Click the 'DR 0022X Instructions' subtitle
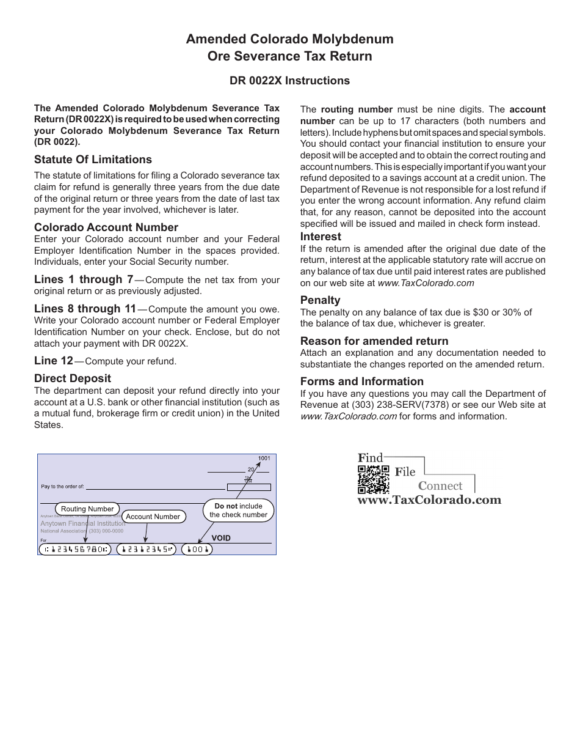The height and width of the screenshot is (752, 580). [x=289, y=81]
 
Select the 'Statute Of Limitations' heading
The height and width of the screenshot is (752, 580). [x=93, y=160]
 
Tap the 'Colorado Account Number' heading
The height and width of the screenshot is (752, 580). [x=106, y=227]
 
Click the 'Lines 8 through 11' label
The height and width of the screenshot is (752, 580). [x=85, y=309]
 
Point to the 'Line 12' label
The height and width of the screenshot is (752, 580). [x=54, y=361]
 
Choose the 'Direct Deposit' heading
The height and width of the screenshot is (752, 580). [x=73, y=378]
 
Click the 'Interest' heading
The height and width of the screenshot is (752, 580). [x=321, y=237]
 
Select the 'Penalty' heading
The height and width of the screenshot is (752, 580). [x=320, y=300]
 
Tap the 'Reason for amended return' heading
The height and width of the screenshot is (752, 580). [x=374, y=341]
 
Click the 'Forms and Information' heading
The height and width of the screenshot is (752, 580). [x=362, y=382]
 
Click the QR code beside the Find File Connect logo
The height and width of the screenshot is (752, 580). [x=373, y=479]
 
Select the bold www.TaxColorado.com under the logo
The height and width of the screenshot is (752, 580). [x=429, y=500]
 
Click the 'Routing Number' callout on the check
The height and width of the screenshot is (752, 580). [x=87, y=509]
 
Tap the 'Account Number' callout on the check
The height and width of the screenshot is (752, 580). [x=153, y=517]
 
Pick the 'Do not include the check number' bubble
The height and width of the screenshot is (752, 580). [x=238, y=511]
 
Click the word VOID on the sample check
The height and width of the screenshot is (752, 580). [x=221, y=538]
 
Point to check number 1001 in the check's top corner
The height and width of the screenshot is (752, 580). [x=264, y=459]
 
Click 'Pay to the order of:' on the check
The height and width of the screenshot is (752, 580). [x=62, y=487]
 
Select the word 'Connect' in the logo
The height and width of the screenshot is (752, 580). [x=440, y=486]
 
